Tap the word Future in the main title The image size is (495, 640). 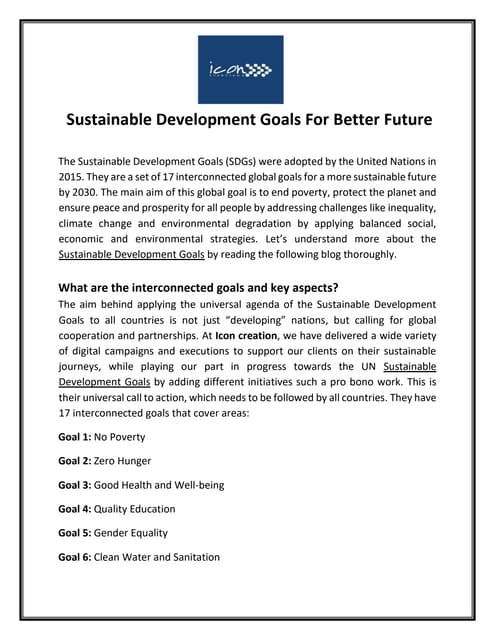pyautogui.click(x=397, y=120)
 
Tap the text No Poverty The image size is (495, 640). pyautogui.click(x=119, y=436)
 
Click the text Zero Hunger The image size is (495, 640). pyautogui.click(x=125, y=460)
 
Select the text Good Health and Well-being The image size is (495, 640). pyautogui.click(x=159, y=484)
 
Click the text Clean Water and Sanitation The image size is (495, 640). pyautogui.click(x=157, y=556)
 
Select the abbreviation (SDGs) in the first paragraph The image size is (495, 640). pyautogui.click(x=237, y=160)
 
